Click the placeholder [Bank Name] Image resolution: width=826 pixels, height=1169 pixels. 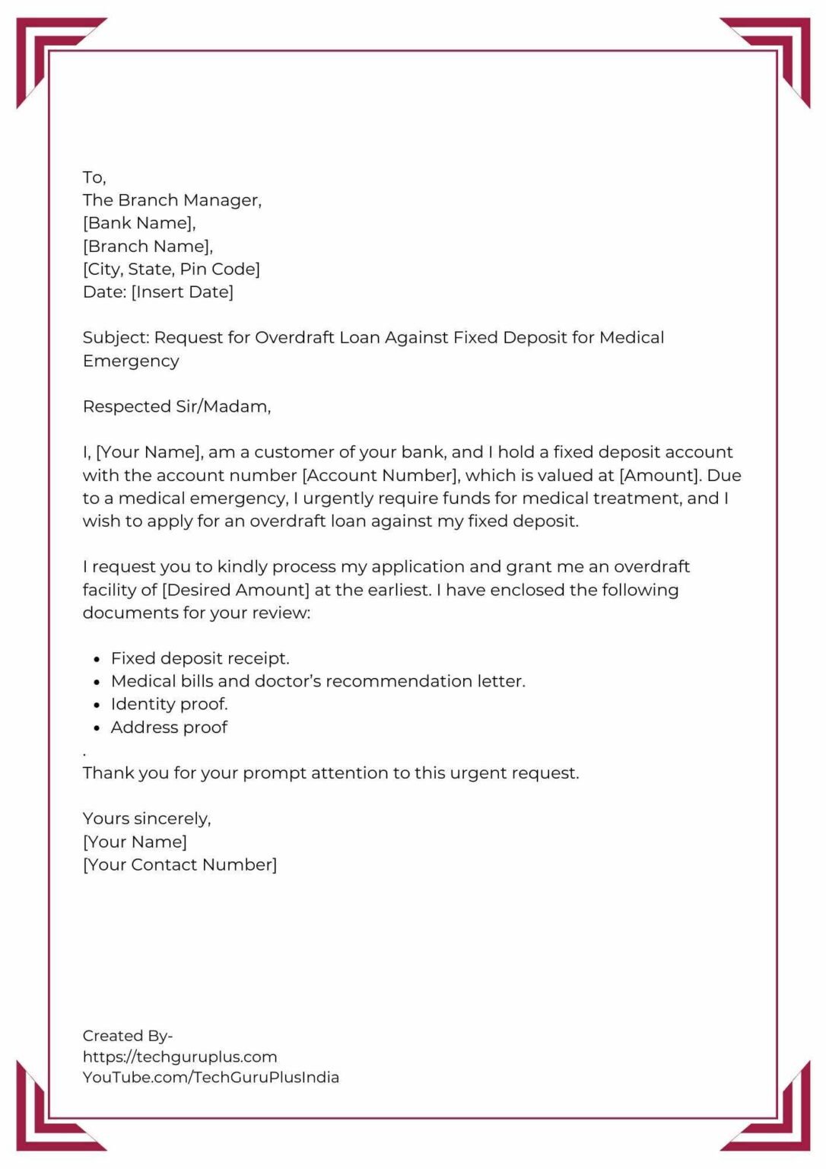[139, 223]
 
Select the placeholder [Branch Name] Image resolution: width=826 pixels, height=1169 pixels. [148, 246]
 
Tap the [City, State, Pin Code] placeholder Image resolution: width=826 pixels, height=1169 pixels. [171, 269]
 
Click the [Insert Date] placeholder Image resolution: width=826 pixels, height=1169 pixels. [183, 291]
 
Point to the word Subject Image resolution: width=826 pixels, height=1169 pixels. [116, 337]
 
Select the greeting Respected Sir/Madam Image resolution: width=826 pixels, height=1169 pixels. [176, 406]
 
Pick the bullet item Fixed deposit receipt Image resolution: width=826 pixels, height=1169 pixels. [200, 658]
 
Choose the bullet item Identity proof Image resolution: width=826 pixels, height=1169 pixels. [169, 704]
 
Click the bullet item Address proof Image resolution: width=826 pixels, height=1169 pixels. [169, 728]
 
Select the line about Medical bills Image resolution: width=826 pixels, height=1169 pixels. [318, 681]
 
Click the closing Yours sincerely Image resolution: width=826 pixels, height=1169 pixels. [147, 819]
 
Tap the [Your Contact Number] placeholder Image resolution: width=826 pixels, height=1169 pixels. [179, 865]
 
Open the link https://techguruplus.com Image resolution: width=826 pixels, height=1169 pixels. [179, 1056]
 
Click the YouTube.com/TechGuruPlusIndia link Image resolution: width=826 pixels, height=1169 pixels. [211, 1077]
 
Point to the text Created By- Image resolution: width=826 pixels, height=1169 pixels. [128, 1036]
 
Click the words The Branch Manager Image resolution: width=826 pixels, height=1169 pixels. [172, 200]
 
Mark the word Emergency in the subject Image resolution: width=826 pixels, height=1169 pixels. [131, 361]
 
